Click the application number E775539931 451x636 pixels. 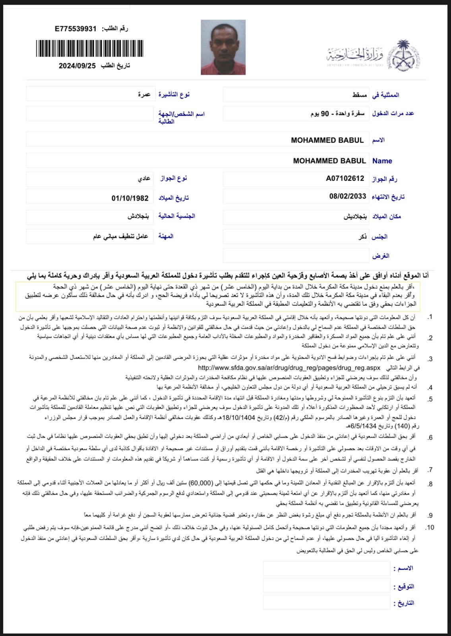[75, 29]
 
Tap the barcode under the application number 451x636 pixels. [89, 48]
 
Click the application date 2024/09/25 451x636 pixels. [77, 66]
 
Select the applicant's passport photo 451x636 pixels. [223, 47]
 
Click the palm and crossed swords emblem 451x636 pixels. [403, 55]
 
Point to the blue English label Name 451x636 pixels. [382, 161]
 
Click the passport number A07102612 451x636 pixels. [345, 178]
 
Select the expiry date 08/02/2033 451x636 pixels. [347, 196]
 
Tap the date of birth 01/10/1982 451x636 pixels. [130, 198]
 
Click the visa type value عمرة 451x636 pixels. [144, 95]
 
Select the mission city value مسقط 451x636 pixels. [359, 95]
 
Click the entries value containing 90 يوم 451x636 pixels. [337, 114]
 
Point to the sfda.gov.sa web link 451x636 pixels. [289, 368]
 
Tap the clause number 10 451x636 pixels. [430, 528]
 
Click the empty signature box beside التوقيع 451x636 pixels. [326, 586]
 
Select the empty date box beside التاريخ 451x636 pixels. [326, 603]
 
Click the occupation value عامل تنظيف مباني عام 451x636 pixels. [120, 236]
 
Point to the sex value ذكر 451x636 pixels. [362, 237]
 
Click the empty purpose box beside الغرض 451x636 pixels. [296, 256]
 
